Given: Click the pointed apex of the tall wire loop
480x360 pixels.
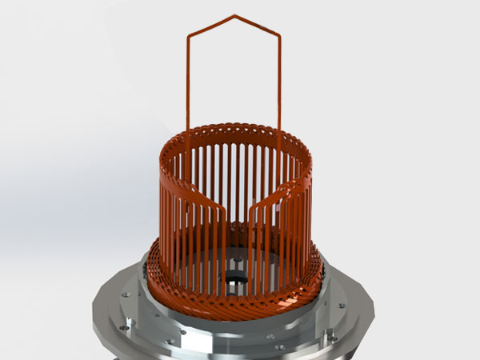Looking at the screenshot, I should coord(234,15).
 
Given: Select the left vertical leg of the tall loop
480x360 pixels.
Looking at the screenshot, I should coord(189,80).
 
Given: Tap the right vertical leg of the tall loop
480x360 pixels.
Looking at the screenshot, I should coord(280,80).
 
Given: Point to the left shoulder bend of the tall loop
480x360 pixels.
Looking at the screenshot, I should coord(189,36).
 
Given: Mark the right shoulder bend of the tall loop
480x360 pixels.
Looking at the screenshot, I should coord(280,36).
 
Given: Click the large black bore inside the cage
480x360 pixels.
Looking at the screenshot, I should coord(236,279).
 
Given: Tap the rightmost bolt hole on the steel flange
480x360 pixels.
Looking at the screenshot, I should coord(342,305).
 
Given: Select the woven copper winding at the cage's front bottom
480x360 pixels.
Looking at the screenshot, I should coord(240,305).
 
